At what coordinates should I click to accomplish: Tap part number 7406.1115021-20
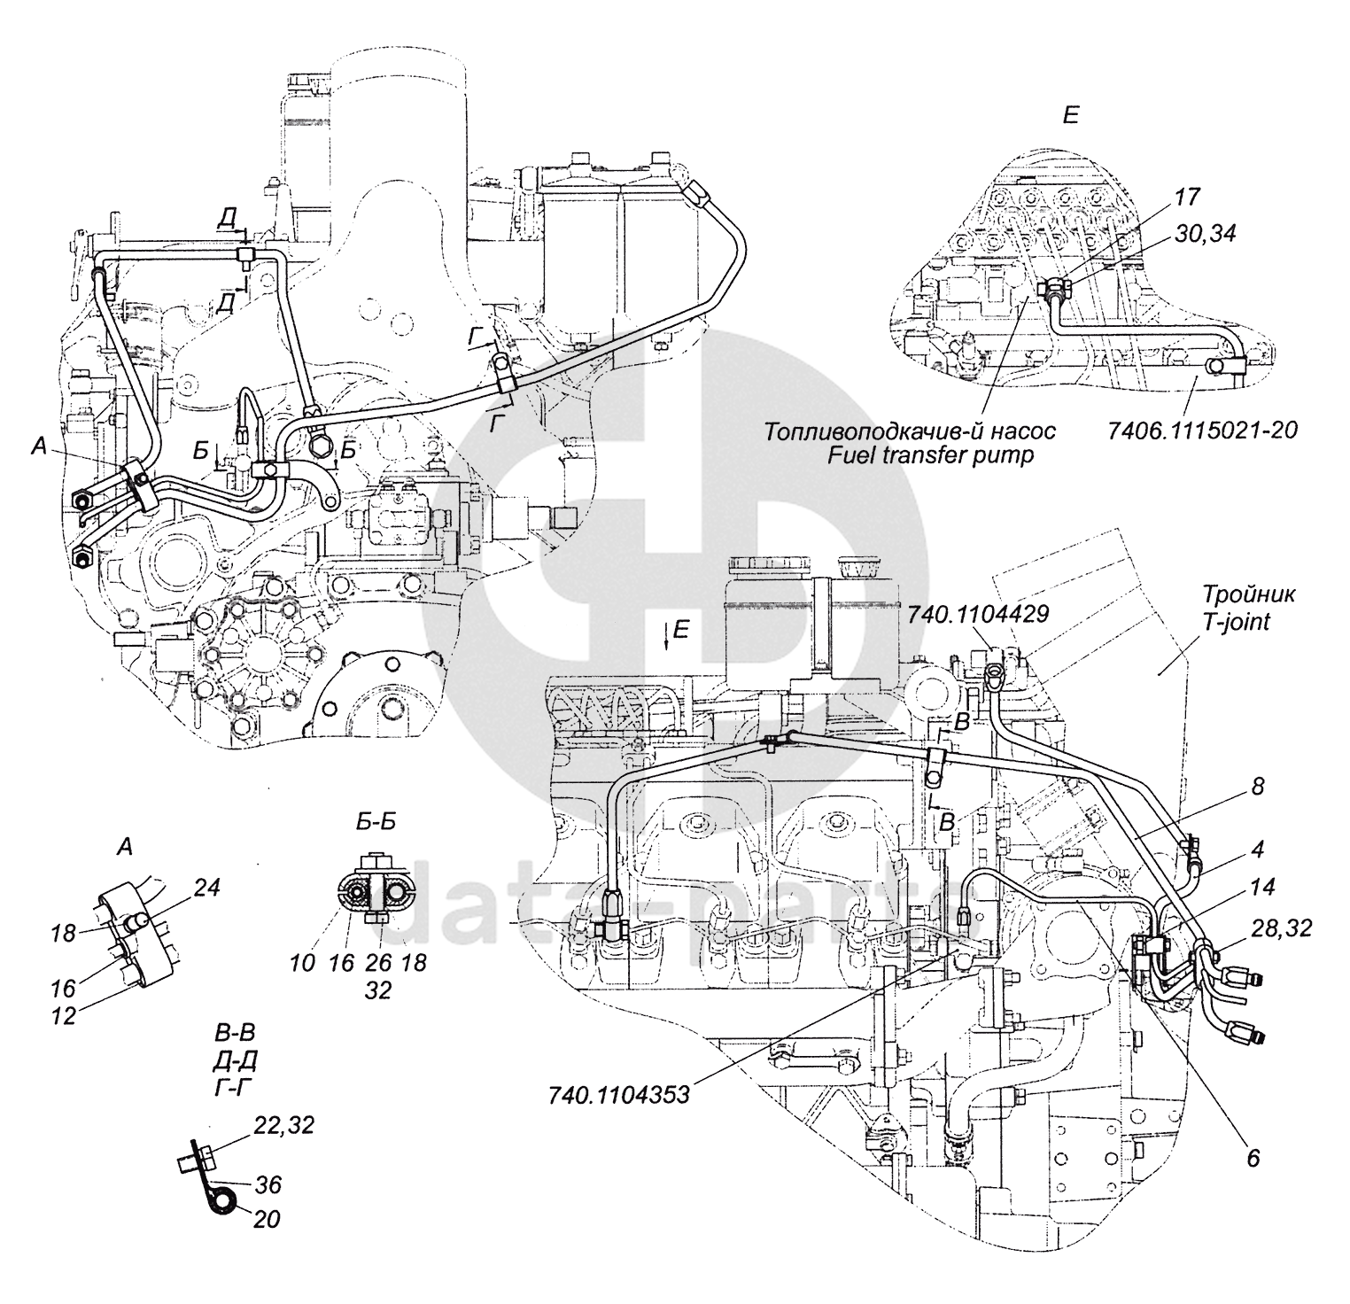[x=1202, y=431]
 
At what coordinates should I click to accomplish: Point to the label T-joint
[x=1236, y=622]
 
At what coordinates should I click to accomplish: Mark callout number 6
[x=1252, y=1159]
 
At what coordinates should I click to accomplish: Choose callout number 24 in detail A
[x=206, y=888]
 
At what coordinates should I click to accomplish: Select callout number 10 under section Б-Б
[x=302, y=962]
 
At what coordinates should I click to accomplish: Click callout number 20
[x=267, y=1219]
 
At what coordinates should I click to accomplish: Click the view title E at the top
[x=1070, y=116]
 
